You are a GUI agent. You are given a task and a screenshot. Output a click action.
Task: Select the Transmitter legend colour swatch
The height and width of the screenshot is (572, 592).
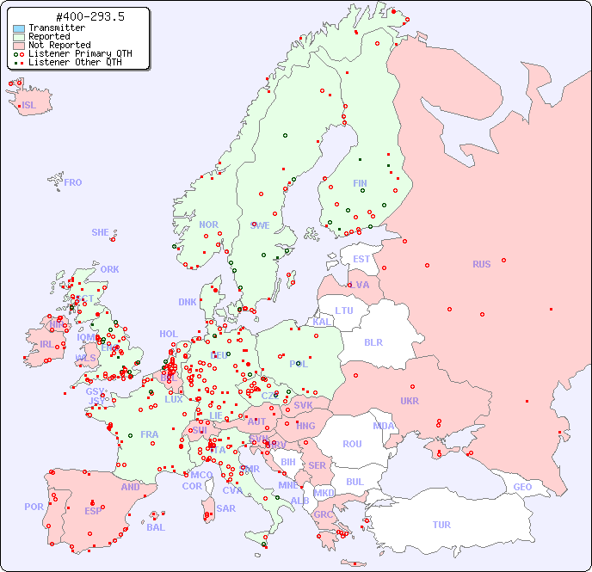pyautogui.click(x=19, y=28)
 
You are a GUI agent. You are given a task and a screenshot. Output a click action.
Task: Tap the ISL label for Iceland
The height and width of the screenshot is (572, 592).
pyautogui.click(x=29, y=106)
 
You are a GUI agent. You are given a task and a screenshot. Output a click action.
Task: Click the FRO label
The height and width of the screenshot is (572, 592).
pyautogui.click(x=73, y=182)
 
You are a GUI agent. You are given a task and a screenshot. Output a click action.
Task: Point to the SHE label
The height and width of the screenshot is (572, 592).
pyautogui.click(x=101, y=232)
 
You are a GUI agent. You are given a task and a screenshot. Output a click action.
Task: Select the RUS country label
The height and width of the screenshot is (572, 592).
pyautogui.click(x=481, y=264)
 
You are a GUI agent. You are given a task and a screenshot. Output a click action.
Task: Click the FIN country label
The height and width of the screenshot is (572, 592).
pyautogui.click(x=360, y=183)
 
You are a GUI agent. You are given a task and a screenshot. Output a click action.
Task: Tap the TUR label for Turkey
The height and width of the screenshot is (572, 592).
pyautogui.click(x=441, y=525)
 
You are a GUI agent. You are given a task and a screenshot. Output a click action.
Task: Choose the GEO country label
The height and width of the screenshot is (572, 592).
pyautogui.click(x=522, y=487)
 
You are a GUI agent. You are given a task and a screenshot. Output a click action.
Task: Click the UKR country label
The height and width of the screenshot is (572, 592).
pyautogui.click(x=409, y=401)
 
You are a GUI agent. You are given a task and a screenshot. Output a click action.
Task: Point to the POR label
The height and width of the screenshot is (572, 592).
pyautogui.click(x=34, y=507)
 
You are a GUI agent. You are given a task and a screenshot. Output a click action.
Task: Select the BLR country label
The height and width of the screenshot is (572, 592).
pyautogui.click(x=373, y=342)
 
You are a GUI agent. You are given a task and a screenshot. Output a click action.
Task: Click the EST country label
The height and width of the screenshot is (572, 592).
pyautogui.click(x=361, y=259)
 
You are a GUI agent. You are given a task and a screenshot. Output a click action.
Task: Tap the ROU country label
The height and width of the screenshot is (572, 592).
pyautogui.click(x=352, y=444)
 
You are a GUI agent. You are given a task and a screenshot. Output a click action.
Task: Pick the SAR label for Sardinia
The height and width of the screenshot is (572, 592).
pyautogui.click(x=225, y=508)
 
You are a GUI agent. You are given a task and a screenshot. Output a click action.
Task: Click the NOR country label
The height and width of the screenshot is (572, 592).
pyautogui.click(x=208, y=224)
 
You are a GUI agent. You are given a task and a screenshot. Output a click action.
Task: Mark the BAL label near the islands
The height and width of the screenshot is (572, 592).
pyautogui.click(x=156, y=527)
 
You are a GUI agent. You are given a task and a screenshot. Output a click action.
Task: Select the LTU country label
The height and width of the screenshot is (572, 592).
pyautogui.click(x=344, y=311)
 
